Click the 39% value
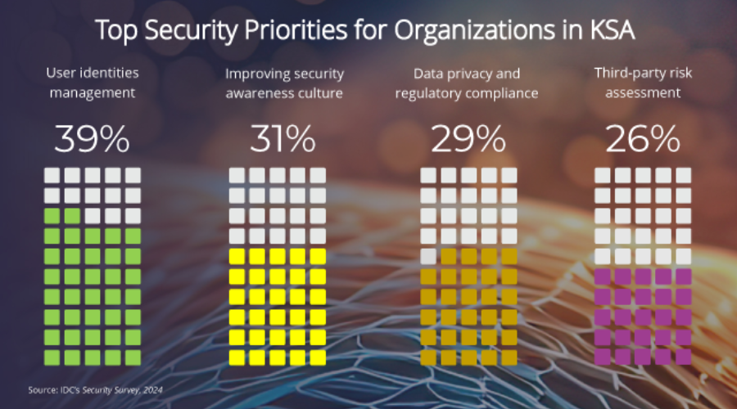(x=92, y=140)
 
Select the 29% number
(x=468, y=140)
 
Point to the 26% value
(x=643, y=140)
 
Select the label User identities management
(x=92, y=83)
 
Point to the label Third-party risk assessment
(x=643, y=83)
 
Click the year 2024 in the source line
(x=152, y=390)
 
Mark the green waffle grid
(x=92, y=266)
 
